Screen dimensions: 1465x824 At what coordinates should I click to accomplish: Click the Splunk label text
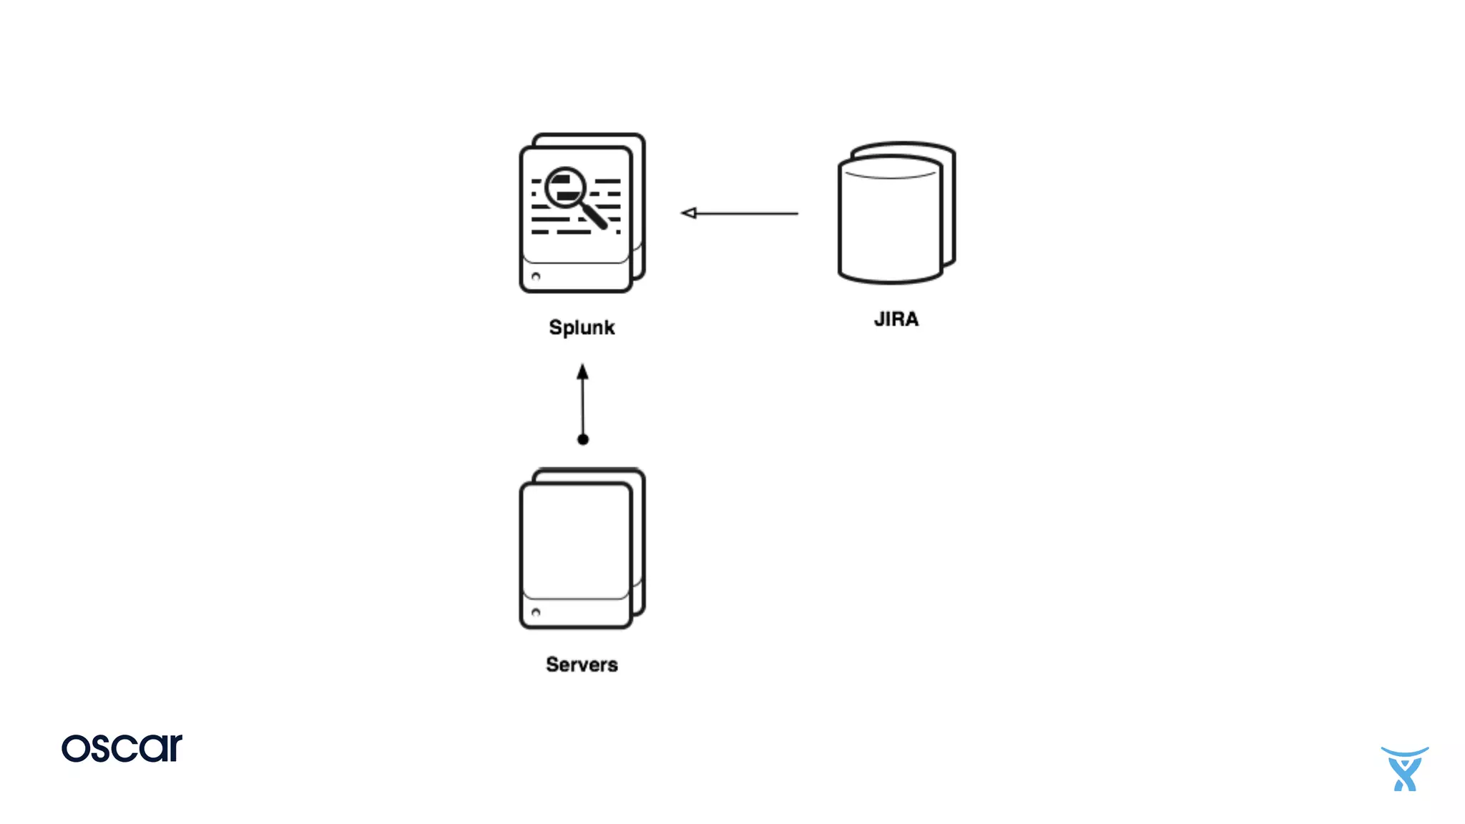coord(582,328)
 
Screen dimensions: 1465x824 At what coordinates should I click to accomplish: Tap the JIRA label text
coord(896,319)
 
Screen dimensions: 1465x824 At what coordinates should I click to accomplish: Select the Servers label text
coord(582,664)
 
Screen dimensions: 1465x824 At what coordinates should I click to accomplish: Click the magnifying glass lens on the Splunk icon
coord(566,187)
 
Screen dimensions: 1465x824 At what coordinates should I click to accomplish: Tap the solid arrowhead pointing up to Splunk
coord(583,373)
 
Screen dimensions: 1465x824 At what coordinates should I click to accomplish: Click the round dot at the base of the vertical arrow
coord(583,439)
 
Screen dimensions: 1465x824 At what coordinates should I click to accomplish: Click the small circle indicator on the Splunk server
coord(536,277)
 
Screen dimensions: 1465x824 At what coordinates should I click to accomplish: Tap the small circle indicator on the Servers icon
coord(536,613)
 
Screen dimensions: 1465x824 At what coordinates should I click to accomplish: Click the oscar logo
coord(122,748)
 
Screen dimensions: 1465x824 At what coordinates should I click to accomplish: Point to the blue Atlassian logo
coord(1405,769)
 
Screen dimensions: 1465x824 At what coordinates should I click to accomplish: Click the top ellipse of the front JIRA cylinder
coord(890,167)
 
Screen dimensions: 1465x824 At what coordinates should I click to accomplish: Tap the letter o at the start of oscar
coord(75,749)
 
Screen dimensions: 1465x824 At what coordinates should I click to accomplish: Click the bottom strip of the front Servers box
coord(577,613)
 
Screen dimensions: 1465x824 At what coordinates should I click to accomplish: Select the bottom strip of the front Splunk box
coord(577,277)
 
